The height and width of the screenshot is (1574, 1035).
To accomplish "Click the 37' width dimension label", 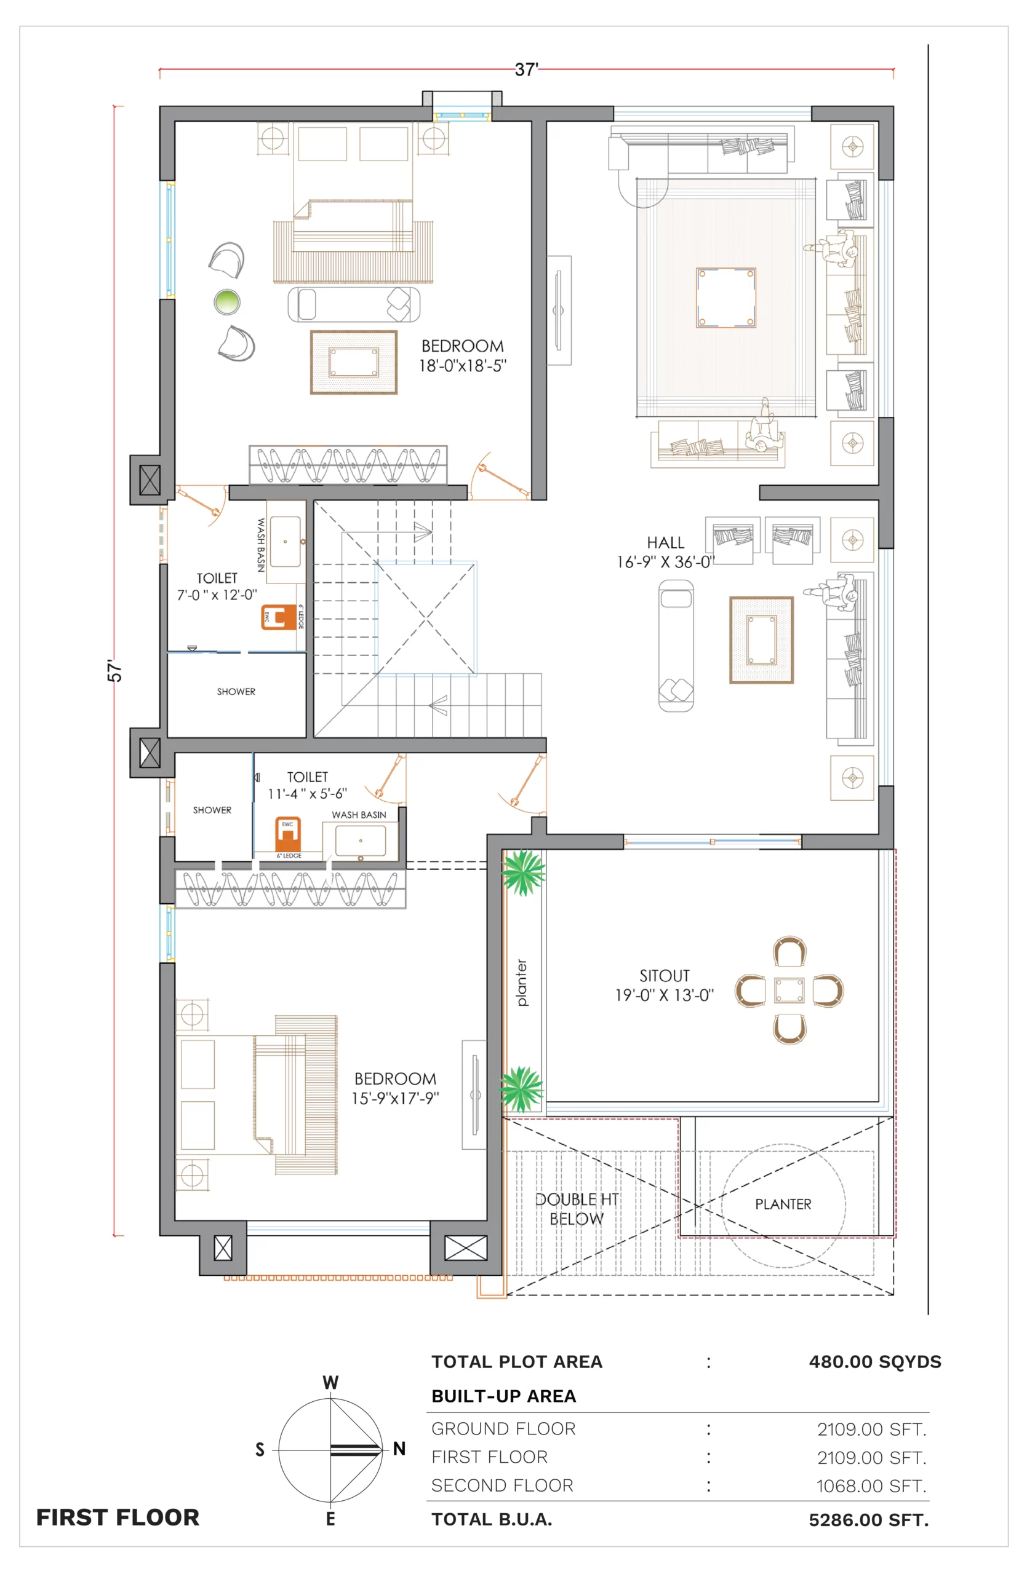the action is coord(527,69).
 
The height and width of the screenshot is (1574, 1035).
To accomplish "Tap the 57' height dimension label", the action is coord(115,670).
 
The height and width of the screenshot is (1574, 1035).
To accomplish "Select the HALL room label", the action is coord(665,542).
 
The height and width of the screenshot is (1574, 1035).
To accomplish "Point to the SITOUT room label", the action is coord(665,976).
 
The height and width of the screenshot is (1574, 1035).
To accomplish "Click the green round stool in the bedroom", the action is coord(227,303).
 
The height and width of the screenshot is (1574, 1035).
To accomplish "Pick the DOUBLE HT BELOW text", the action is coord(577,1209).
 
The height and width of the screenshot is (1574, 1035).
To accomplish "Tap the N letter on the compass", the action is coord(399,1449).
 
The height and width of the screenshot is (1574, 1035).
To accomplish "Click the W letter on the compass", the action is coord(330,1382).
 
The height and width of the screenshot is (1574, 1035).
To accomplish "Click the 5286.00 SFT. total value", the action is coord(869,1520).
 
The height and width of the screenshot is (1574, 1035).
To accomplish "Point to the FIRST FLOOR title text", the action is coord(118,1517).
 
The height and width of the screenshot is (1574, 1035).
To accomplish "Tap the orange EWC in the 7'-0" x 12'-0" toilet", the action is coord(279,617).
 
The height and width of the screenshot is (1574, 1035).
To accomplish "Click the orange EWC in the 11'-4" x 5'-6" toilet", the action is coord(288,834).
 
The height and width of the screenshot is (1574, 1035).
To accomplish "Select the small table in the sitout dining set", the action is coord(789,990).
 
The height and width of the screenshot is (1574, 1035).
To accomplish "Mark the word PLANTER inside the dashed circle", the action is coord(783,1204).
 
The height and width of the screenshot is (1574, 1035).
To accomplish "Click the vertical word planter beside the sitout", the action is coord(522,983).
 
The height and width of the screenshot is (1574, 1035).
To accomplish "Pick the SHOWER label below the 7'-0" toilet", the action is coord(236,691).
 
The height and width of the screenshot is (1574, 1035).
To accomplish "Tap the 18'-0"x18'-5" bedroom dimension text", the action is coord(463,365).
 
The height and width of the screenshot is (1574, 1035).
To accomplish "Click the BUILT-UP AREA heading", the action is coord(503,1396).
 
